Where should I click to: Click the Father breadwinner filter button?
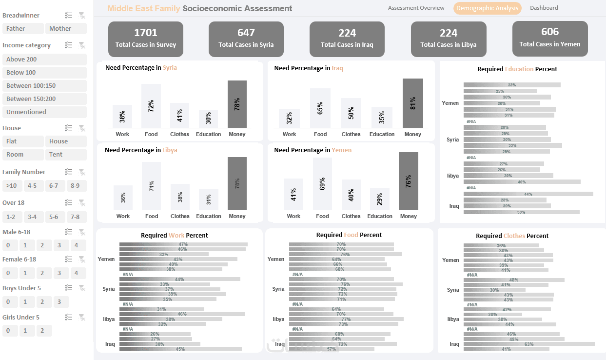[23, 29]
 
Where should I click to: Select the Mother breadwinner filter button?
[66, 29]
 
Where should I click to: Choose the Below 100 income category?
[44, 73]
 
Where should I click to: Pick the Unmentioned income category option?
[44, 112]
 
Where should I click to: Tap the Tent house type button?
[66, 155]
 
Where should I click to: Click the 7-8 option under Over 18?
[75, 217]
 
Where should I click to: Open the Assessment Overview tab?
[416, 8]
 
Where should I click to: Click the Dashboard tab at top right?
[544, 8]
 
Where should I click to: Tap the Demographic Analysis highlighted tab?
[487, 8]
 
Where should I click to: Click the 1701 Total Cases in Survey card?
[146, 39]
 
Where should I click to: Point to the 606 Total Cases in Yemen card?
[549, 38]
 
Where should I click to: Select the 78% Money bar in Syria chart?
[237, 104]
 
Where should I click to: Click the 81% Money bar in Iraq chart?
[412, 103]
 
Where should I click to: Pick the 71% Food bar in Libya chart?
[152, 186]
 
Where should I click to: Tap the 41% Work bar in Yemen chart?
[293, 194]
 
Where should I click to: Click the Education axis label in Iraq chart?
[382, 134]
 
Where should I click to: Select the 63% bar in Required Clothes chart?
[528, 344]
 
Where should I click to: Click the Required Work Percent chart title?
[174, 236]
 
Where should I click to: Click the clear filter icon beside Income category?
[82, 45]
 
